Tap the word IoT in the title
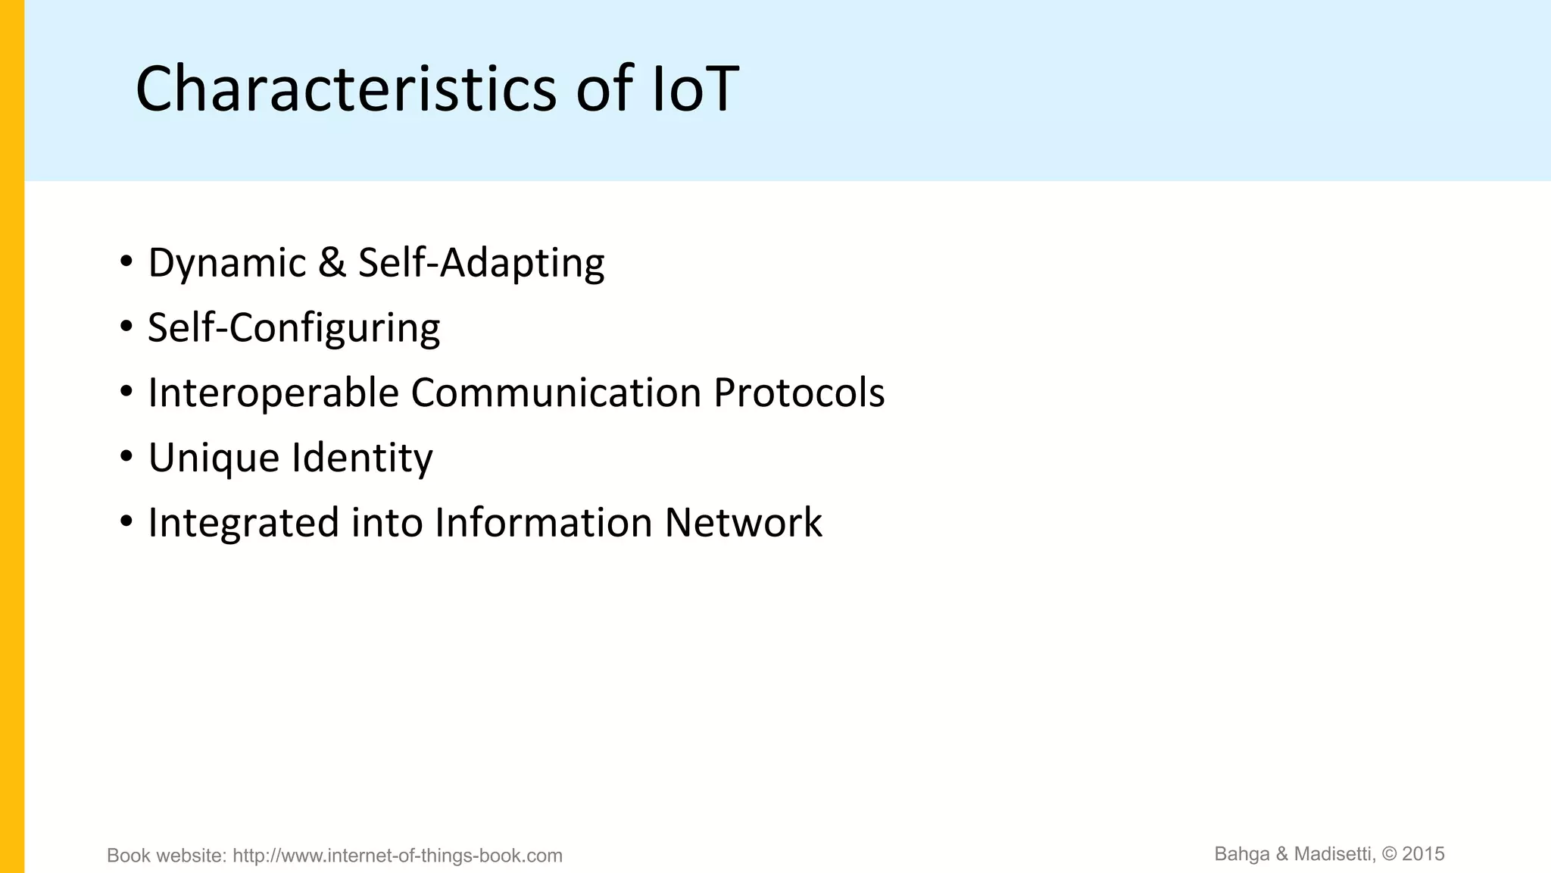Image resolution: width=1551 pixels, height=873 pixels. pos(694,89)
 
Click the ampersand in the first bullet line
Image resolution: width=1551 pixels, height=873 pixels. pos(332,263)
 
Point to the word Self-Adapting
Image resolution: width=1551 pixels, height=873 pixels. pos(481,263)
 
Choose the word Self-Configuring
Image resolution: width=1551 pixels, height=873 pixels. pos(294,328)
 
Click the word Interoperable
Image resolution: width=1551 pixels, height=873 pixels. pos(273,393)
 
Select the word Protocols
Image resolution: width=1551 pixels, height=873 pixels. pos(799,393)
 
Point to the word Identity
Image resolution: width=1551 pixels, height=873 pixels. pos(362,458)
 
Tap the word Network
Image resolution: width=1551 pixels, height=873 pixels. pos(743,523)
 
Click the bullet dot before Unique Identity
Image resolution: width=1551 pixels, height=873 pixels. pos(126,457)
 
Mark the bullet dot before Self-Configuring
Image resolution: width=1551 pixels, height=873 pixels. pos(126,327)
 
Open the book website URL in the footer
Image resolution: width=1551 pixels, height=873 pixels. pos(397,856)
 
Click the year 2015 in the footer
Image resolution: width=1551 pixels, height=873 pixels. pos(1423,854)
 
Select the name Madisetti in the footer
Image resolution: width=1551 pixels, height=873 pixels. pos(1334,854)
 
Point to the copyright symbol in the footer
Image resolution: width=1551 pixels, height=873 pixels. pos(1389,854)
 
